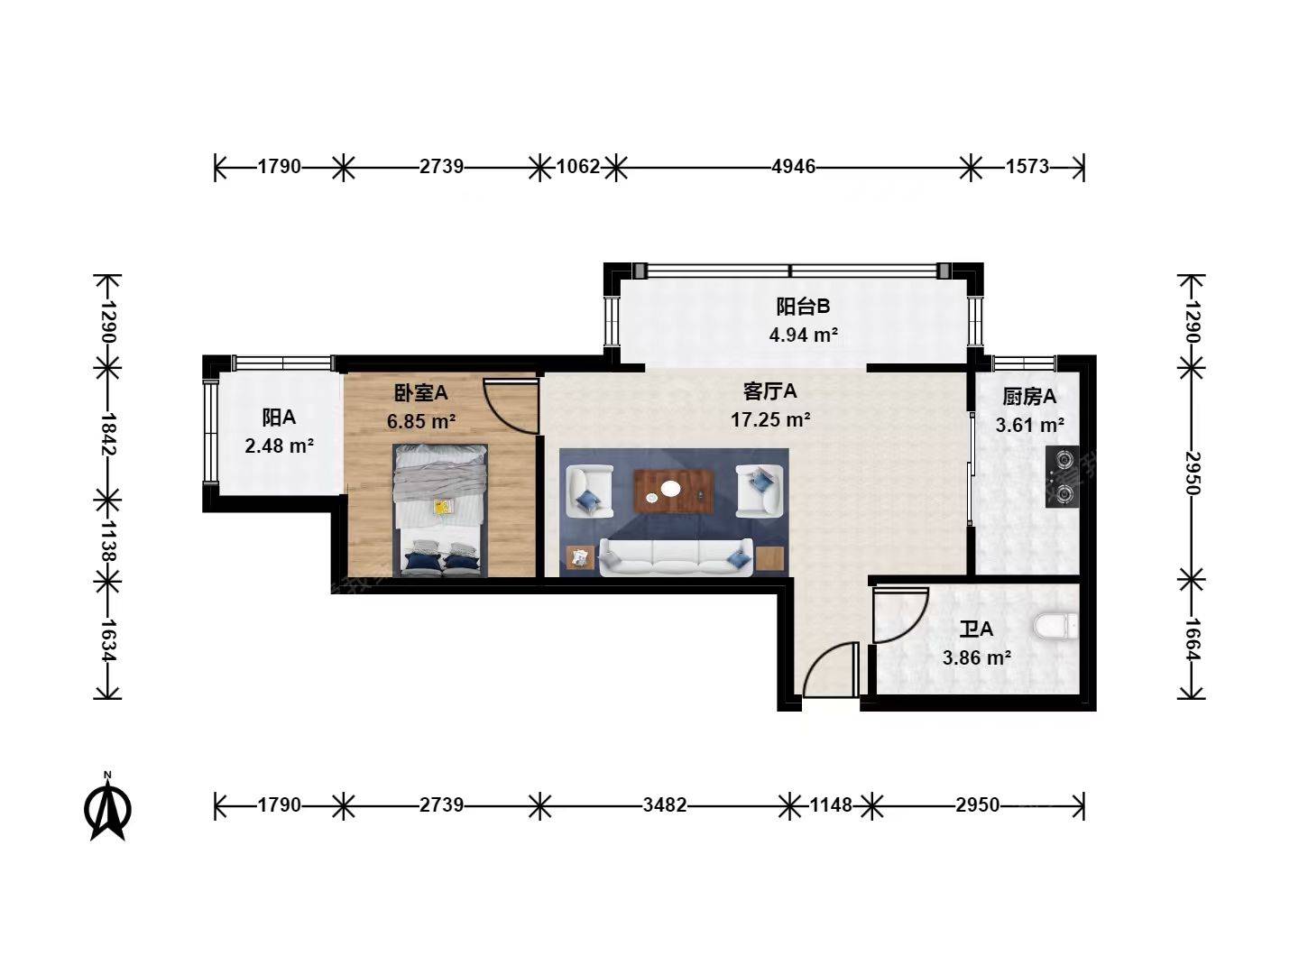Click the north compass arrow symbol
pos(107,808)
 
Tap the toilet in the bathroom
pos(1056,626)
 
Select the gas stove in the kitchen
pos(1062,477)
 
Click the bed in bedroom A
pos(440,510)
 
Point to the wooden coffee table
pos(674,492)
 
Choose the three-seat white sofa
pos(677,557)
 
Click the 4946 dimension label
pos(793,167)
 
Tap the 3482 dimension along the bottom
pos(665,804)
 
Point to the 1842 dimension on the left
pos(108,434)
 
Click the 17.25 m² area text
pos(770,420)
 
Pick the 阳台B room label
pos(803,307)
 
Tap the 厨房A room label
pos(1029,396)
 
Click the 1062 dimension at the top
pos(577,167)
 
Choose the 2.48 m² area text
pos(280,446)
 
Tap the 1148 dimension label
pos(830,804)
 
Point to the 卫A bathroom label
pos(976,629)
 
